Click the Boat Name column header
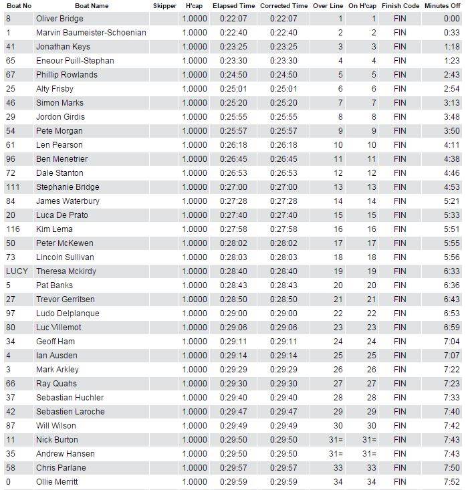[92, 5]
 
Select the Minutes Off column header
[441, 5]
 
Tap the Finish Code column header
[401, 5]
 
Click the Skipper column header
[164, 5]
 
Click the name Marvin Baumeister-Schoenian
[90, 33]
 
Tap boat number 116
[12, 229]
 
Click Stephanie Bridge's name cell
[68, 187]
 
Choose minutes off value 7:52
[452, 482]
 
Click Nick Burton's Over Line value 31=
[335, 440]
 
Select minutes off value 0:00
[452, 19]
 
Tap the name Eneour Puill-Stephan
[75, 61]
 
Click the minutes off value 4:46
[452, 173]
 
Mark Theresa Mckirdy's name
[66, 271]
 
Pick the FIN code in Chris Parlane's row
[400, 468]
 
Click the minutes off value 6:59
[452, 328]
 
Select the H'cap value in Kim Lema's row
[194, 229]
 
